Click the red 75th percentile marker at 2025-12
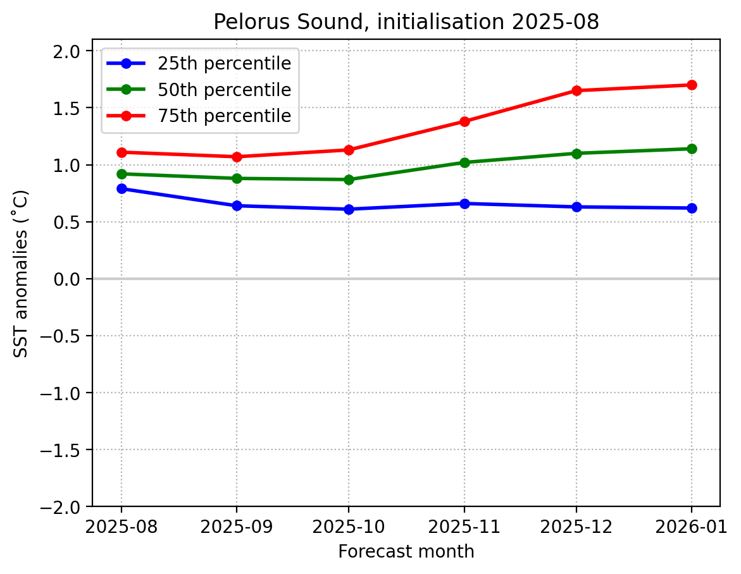pyautogui.click(x=576, y=90)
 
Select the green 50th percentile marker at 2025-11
pyautogui.click(x=464, y=162)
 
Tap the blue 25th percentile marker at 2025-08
pyautogui.click(x=121, y=188)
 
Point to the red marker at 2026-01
pyautogui.click(x=691, y=85)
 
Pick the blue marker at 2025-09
pyautogui.click(x=237, y=205)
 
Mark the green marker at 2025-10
pyautogui.click(x=349, y=180)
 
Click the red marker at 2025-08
pyautogui.click(x=121, y=152)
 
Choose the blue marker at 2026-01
pyautogui.click(x=691, y=208)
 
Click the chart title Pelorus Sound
pyautogui.click(x=406, y=22)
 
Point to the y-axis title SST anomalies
pyautogui.click(x=22, y=273)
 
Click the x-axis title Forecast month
pyautogui.click(x=406, y=552)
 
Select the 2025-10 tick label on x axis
pyautogui.click(x=349, y=527)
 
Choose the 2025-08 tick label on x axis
pyautogui.click(x=121, y=527)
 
